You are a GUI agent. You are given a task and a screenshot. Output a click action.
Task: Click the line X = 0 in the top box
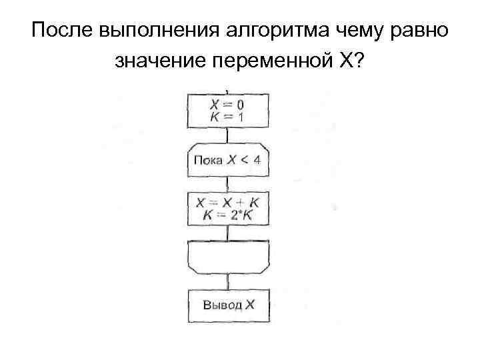(x=227, y=105)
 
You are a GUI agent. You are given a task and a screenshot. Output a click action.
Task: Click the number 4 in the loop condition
(x=257, y=161)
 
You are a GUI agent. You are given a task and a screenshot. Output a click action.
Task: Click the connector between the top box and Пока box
(x=227, y=135)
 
